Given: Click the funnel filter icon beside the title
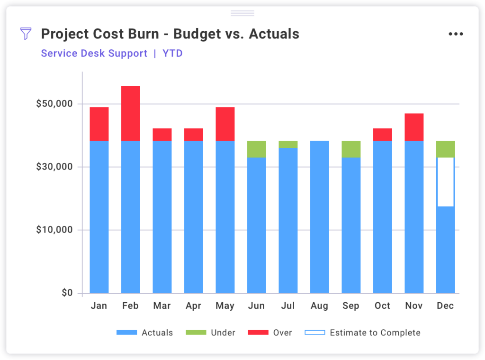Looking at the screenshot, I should click(26, 34).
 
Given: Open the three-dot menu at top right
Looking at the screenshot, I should click(456, 34).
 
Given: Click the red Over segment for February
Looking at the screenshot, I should click(130, 113).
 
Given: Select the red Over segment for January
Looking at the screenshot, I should click(99, 124).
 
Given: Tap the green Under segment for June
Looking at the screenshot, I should click(256, 149).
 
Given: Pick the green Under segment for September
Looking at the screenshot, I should click(350, 149).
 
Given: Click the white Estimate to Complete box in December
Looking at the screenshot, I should click(445, 182).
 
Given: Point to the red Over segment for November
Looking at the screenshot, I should click(413, 127).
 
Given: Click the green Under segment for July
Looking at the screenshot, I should click(288, 144).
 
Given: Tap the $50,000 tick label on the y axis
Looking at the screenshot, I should click(54, 104).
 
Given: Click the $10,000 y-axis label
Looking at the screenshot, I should click(54, 230).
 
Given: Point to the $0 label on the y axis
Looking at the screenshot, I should click(67, 293).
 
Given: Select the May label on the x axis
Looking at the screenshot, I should click(225, 306).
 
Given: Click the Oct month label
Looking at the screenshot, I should click(382, 306).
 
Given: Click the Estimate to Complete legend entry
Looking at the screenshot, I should click(375, 333).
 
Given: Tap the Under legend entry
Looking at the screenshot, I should click(223, 333).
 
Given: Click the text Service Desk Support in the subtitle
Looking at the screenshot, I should click(94, 54).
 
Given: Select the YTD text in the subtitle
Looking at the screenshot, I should click(172, 54).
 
